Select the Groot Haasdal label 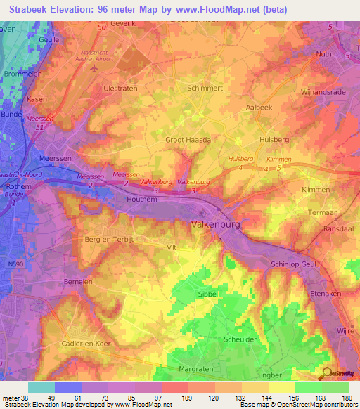pyautogui.click(x=189, y=140)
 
